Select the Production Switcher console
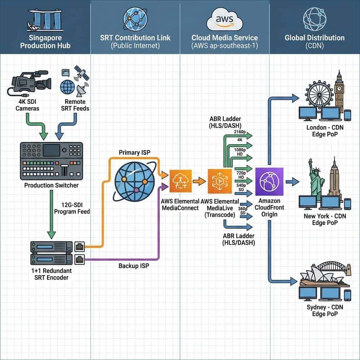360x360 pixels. (51, 161)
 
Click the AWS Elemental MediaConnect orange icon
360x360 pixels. (180, 181)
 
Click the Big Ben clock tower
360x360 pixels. (339, 90)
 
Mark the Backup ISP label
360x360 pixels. (134, 266)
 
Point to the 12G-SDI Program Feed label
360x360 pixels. (72, 208)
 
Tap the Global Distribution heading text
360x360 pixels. (314, 38)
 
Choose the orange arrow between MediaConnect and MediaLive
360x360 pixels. (199, 182)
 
